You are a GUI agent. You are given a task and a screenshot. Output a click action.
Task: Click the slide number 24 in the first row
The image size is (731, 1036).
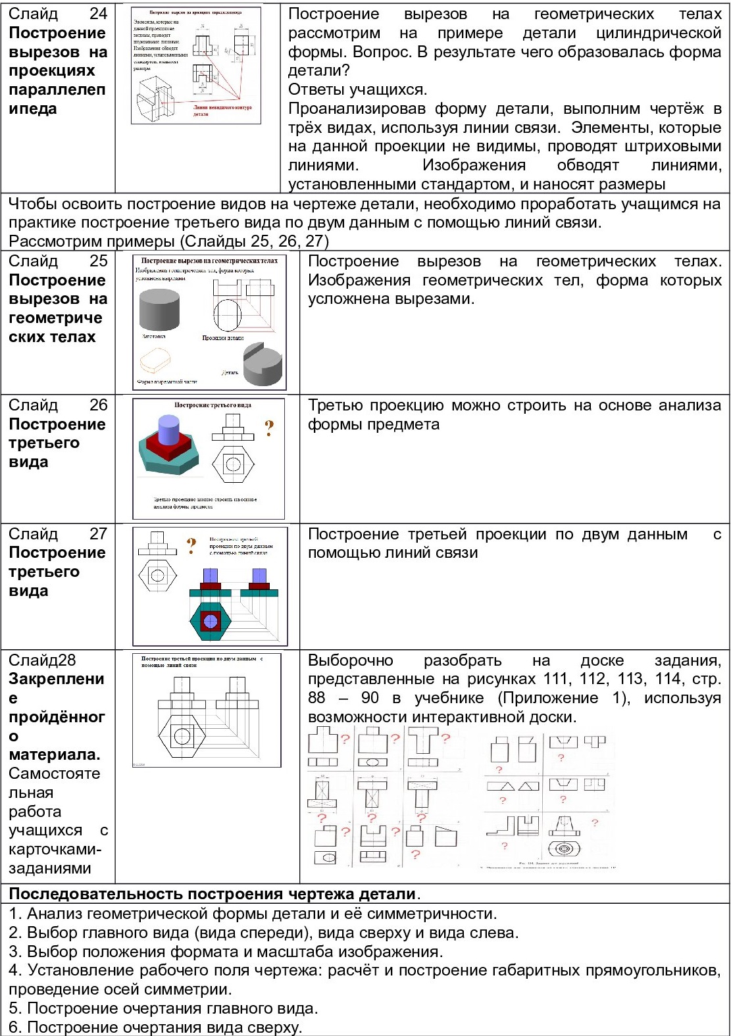[x=98, y=14]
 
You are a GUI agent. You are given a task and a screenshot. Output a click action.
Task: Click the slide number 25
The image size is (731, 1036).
[x=98, y=261]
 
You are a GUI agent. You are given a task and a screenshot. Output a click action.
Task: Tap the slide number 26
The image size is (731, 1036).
[x=98, y=405]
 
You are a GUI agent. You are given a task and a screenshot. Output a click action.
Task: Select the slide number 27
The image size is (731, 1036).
[x=98, y=534]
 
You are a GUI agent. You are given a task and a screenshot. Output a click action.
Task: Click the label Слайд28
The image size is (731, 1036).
[x=42, y=660]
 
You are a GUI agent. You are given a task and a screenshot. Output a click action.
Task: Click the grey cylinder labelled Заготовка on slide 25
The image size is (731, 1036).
[x=159, y=308]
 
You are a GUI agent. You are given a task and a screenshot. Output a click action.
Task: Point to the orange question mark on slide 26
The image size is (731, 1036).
[x=268, y=429]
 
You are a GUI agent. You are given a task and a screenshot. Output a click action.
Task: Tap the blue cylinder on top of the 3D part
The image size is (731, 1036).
[x=169, y=430]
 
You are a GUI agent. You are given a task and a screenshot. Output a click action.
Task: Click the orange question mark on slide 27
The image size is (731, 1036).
[x=191, y=545]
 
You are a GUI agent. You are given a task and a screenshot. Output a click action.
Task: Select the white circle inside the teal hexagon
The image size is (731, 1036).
[x=210, y=621]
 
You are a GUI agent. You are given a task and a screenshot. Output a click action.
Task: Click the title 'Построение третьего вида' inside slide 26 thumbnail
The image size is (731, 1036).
[x=213, y=405]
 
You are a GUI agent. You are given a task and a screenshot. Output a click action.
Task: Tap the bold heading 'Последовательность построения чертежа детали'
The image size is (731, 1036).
[x=212, y=895]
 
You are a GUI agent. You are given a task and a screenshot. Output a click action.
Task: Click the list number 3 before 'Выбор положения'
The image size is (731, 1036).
[x=14, y=952]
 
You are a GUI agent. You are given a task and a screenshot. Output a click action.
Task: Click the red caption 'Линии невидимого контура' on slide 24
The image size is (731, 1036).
[x=222, y=107]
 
